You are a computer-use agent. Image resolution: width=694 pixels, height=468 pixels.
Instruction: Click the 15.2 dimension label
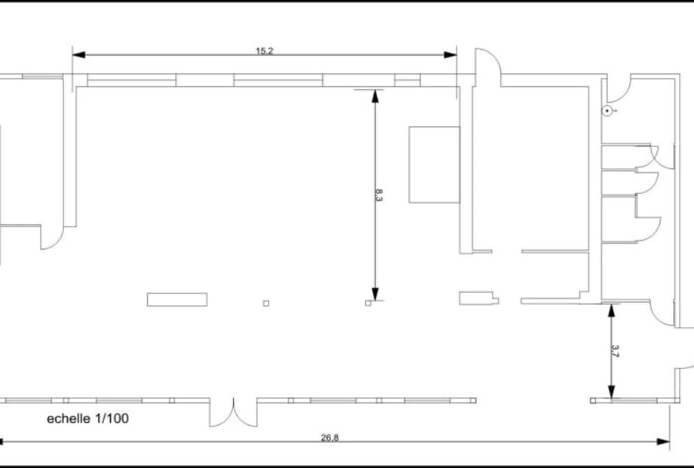point(264,51)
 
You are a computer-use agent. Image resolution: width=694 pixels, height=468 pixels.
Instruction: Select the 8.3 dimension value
point(379,195)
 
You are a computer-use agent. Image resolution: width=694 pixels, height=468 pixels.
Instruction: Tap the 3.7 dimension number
point(615,351)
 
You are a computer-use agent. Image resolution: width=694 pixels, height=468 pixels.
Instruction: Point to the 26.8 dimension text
point(330,438)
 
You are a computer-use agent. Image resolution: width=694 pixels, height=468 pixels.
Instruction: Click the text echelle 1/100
point(88,418)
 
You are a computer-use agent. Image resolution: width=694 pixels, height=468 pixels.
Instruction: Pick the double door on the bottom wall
point(233,413)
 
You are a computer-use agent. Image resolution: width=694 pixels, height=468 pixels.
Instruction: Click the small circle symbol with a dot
point(608,111)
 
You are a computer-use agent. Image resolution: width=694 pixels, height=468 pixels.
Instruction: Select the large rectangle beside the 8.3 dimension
point(435,165)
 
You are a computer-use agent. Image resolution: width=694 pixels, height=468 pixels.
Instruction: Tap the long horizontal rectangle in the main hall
point(177,300)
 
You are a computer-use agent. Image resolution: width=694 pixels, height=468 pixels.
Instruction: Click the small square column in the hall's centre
point(266,303)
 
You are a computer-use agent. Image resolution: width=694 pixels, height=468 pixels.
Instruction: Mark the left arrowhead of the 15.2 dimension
point(78,55)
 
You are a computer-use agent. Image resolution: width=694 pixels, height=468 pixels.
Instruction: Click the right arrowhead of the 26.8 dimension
point(663,442)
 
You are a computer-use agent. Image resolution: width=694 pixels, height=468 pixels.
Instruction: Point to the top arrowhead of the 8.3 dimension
point(376,96)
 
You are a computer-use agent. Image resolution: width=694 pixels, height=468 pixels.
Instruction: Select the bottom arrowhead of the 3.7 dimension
point(611,392)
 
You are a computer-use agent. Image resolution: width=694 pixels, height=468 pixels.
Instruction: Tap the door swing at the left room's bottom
point(52,238)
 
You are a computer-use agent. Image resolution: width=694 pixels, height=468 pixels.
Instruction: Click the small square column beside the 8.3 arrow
point(368,303)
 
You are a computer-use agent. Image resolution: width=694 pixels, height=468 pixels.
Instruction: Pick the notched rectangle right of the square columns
point(479,298)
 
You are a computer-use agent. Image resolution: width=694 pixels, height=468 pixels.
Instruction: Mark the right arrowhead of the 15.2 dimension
point(450,55)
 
